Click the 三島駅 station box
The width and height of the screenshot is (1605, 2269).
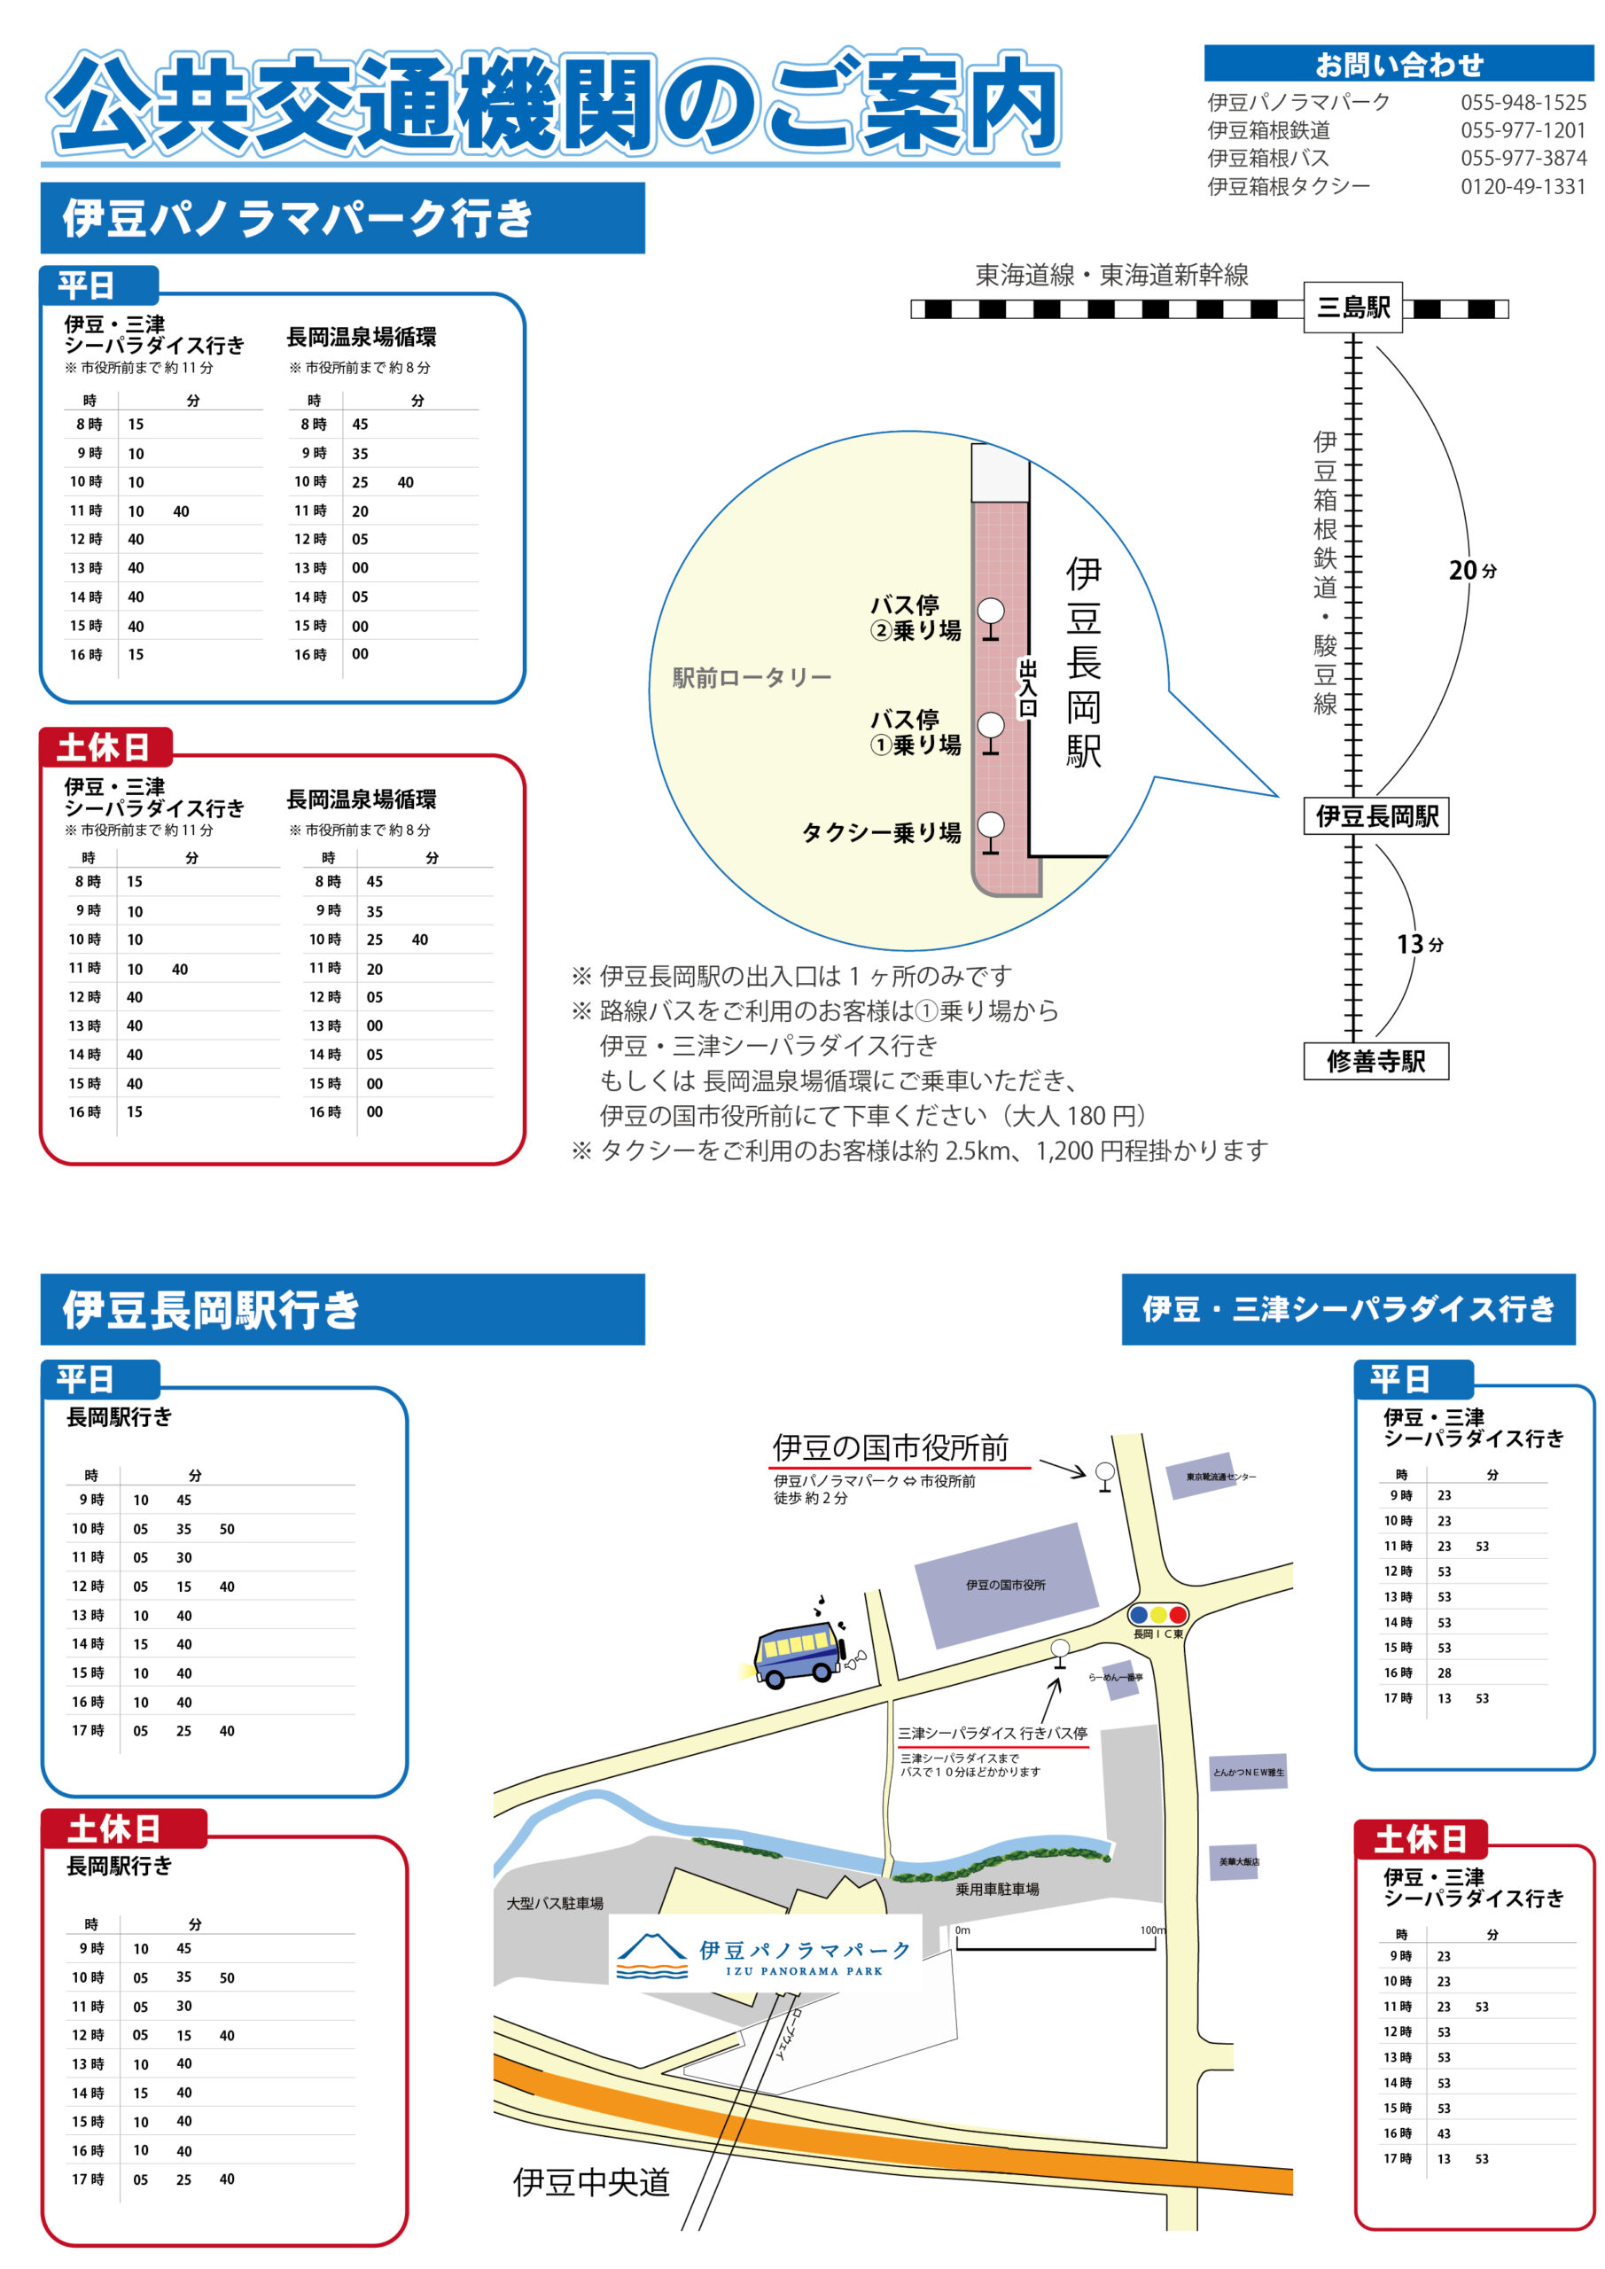pos(1352,308)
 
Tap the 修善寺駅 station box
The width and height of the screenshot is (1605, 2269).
pos(1375,1060)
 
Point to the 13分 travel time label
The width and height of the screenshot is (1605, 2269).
pos(1419,944)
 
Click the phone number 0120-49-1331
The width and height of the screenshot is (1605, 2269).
pos(1523,186)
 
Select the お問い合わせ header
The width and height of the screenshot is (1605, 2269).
pos(1399,64)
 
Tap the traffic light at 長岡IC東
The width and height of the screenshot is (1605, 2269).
pos(1158,1615)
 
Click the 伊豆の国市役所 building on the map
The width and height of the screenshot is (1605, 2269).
pos(1006,1583)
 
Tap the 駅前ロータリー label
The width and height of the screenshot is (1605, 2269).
pos(752,677)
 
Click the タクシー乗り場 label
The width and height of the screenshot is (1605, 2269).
pos(881,832)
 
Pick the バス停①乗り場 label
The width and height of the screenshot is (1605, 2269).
pos(915,731)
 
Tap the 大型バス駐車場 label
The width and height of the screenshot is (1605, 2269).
pos(555,1903)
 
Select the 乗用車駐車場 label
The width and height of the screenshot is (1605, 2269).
pos(997,1890)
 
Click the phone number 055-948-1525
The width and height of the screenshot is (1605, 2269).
pos(1523,102)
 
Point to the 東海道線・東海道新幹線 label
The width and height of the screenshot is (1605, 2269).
pos(1112,275)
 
